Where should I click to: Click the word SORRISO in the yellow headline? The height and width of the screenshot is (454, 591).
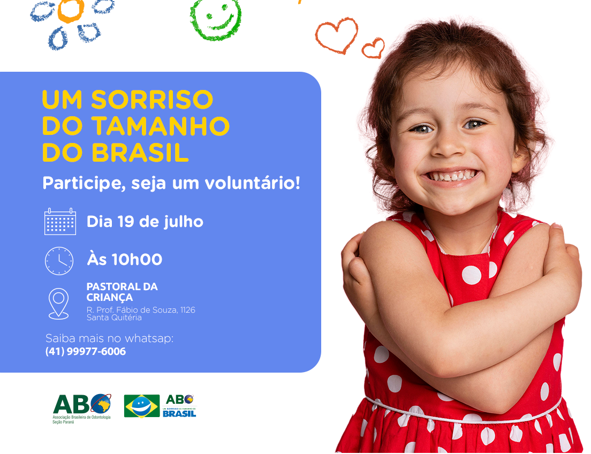pyautogui.click(x=152, y=100)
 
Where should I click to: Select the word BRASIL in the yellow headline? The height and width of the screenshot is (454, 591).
pyautogui.click(x=140, y=153)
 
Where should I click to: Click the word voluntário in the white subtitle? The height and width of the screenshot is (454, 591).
pyautogui.click(x=252, y=183)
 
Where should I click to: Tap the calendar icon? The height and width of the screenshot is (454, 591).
pyautogui.click(x=60, y=221)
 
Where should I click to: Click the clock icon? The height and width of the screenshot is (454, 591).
pyautogui.click(x=59, y=261)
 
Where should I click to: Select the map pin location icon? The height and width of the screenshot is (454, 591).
pyautogui.click(x=59, y=304)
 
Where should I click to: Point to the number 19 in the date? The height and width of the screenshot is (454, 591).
pyautogui.click(x=125, y=222)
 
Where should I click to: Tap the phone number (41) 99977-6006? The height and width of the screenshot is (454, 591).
pyautogui.click(x=86, y=351)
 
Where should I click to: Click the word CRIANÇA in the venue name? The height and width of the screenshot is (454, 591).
pyautogui.click(x=110, y=298)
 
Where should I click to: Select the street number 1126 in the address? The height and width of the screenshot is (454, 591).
pyautogui.click(x=188, y=310)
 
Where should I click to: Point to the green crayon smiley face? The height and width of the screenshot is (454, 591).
pyautogui.click(x=216, y=19)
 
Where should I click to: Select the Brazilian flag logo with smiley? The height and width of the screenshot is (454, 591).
pyautogui.click(x=142, y=406)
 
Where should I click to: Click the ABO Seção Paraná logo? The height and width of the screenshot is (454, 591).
pyautogui.click(x=82, y=408)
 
